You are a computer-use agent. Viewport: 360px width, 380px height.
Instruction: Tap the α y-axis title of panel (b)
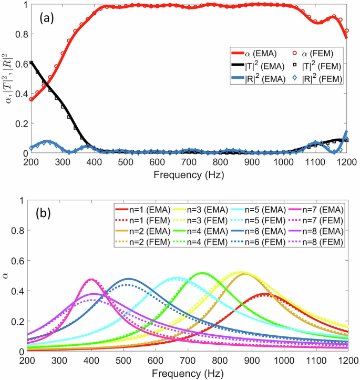pos(7,275)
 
